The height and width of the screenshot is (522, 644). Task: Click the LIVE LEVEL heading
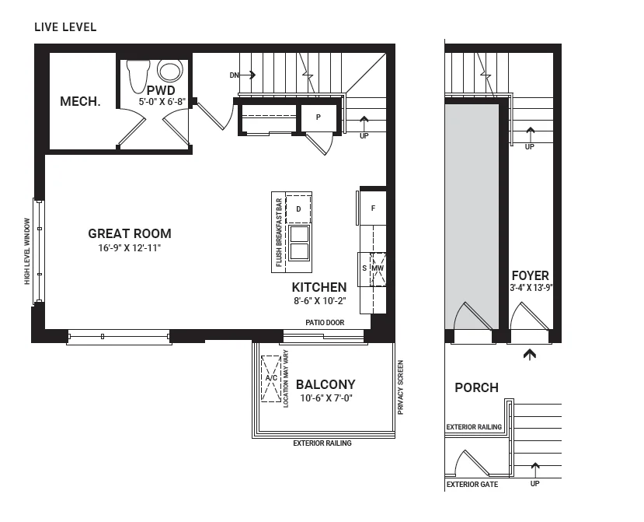point(65,27)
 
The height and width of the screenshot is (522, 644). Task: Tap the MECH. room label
point(80,101)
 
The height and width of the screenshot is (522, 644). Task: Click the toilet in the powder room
point(138,75)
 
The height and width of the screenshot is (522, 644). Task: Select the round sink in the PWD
point(170,71)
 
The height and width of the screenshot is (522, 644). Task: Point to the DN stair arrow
point(242,75)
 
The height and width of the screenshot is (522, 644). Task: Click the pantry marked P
point(319,117)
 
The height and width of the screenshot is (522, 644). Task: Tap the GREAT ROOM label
point(130,233)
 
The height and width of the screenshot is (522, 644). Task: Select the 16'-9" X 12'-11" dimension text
point(130,248)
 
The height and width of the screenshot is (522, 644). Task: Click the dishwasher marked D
point(298,209)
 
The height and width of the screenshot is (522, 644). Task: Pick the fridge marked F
point(373,208)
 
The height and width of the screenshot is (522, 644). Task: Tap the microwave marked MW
point(378,269)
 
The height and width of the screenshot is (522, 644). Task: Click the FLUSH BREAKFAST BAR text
point(280,233)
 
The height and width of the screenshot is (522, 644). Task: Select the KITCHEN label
point(319,287)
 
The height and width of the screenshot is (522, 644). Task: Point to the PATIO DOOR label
point(325,323)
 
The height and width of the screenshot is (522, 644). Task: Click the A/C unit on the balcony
point(271,378)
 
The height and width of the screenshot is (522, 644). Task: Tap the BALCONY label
point(325,384)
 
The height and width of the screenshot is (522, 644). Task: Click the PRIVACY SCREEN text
point(401,387)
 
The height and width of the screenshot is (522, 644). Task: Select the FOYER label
point(531,275)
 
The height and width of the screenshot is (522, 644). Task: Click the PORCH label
point(476,387)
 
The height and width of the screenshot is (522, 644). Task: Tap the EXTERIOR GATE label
point(472,485)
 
